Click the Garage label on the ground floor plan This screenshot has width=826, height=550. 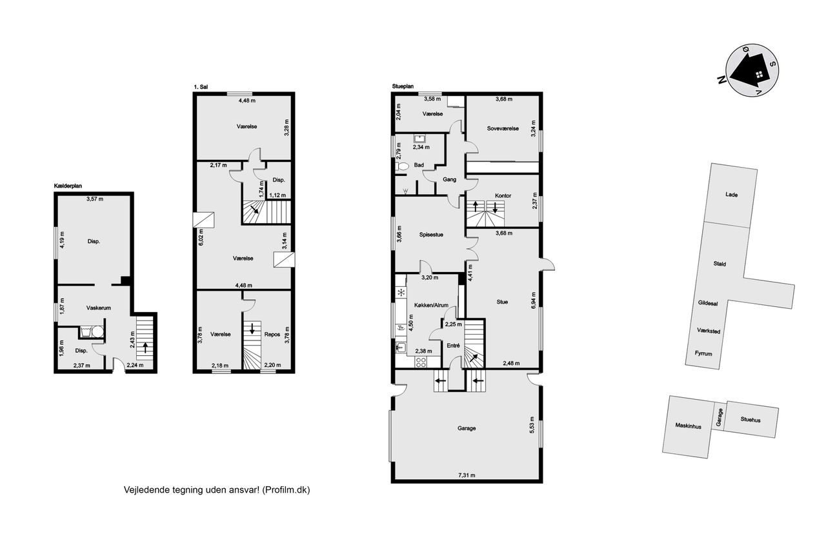467,428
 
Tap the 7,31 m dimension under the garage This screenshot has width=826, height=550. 467,475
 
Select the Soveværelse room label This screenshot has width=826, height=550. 503,128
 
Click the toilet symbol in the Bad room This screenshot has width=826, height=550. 402,166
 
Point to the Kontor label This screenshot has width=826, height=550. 503,195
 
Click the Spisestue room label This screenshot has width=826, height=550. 431,235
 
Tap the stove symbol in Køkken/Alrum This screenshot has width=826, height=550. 420,362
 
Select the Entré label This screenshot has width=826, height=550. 453,346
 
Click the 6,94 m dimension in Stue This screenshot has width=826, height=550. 533,300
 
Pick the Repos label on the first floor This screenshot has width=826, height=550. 272,335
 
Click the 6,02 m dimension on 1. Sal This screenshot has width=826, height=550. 201,238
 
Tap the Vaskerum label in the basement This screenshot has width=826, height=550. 99,308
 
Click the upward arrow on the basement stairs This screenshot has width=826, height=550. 145,348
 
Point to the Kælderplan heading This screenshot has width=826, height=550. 68,186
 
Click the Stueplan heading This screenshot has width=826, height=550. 403,86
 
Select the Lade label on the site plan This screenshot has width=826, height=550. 732,195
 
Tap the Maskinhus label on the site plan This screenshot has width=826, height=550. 688,426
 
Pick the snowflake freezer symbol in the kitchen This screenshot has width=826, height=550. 401,293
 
